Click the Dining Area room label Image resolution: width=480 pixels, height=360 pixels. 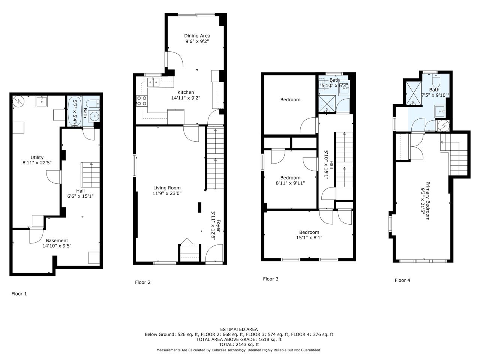click(x=197, y=36)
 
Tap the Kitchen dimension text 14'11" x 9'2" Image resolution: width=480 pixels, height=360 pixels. click(x=186, y=98)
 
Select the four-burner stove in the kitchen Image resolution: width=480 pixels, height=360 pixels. click(x=142, y=101)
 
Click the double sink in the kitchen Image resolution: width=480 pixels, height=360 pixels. click(x=153, y=82)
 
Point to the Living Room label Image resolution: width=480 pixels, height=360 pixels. click(x=167, y=188)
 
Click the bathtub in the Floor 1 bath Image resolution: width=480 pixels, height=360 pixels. click(x=75, y=112)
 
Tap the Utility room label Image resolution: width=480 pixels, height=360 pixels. click(x=37, y=157)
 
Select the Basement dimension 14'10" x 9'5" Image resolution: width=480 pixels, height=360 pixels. click(x=57, y=246)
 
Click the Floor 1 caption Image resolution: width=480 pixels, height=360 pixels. click(x=19, y=294)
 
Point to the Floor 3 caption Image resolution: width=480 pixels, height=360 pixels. click(x=270, y=279)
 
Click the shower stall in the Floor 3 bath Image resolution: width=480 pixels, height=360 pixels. click(x=327, y=104)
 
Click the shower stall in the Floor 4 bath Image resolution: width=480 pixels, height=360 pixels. click(x=414, y=93)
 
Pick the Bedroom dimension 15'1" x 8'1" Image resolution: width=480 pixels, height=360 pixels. click(x=309, y=238)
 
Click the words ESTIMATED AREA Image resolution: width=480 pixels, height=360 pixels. click(x=239, y=329)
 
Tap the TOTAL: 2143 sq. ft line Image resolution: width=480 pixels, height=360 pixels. click(x=239, y=345)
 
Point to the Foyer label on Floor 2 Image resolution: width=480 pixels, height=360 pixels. click(x=219, y=226)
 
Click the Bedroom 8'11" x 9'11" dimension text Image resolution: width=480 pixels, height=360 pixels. click(x=290, y=183)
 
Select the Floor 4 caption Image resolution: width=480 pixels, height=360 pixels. click(x=402, y=280)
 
